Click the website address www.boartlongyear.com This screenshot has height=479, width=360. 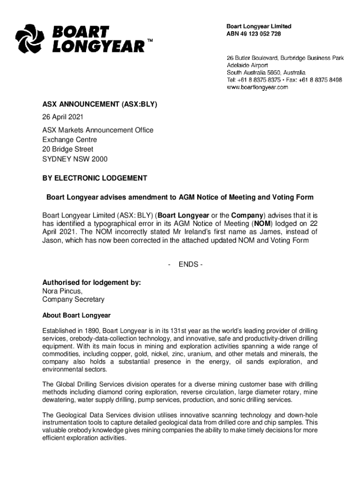(257, 87)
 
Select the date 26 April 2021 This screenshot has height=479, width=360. (63, 117)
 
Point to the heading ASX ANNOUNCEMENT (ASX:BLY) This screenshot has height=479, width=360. (100, 104)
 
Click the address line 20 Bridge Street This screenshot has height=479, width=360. (68, 149)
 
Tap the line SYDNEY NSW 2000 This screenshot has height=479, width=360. (75, 159)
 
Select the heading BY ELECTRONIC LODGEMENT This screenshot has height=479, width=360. (94, 178)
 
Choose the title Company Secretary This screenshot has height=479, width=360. (73, 299)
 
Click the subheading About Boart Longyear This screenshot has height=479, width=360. (76, 315)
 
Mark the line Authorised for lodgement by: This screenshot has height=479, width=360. (92, 283)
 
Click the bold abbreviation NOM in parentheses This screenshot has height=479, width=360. (262, 224)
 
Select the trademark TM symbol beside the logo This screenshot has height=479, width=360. (150, 41)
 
